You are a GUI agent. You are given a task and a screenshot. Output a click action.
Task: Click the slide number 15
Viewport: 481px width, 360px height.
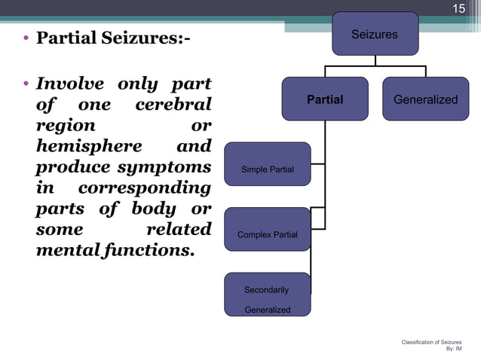tap(458, 9)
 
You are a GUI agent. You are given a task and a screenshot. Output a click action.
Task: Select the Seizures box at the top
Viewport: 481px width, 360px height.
tap(374, 34)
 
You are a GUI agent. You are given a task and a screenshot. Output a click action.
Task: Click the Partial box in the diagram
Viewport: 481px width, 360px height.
tap(325, 99)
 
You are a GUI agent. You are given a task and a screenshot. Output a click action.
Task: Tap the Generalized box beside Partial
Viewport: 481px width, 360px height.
tap(425, 99)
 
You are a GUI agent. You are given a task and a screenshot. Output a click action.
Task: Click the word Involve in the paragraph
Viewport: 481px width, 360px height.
tap(71, 84)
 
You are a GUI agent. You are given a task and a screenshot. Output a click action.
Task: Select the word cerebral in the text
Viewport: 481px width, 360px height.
tap(173, 105)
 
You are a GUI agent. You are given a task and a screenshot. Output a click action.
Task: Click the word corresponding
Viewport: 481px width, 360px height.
tap(144, 188)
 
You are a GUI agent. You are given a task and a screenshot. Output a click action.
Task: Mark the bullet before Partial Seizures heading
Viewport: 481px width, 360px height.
tap(26, 38)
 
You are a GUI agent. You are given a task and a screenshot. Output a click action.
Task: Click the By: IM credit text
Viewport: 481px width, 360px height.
tap(454, 349)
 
